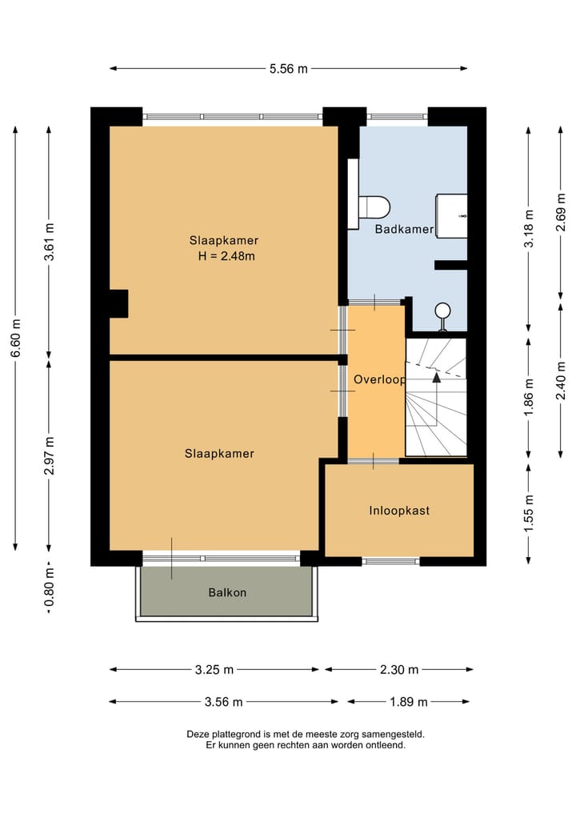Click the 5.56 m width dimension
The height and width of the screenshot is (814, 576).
[289, 69]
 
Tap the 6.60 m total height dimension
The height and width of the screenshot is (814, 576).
[16, 338]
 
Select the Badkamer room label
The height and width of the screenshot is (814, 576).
[404, 229]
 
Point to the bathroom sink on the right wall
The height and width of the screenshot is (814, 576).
[451, 216]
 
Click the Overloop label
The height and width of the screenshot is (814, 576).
[379, 379]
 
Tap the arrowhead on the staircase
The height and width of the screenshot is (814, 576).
[437, 378]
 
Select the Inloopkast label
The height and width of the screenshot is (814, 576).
[399, 511]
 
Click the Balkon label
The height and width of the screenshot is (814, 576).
[227, 592]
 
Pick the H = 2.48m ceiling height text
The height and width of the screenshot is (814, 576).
[226, 256]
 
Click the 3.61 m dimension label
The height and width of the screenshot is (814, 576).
[50, 242]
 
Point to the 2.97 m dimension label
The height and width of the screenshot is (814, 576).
[50, 455]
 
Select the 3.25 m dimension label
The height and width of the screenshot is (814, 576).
[214, 670]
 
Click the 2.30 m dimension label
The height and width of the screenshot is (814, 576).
[399, 670]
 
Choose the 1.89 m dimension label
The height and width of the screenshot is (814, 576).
[408, 703]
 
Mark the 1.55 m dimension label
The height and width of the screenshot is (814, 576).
[529, 513]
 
